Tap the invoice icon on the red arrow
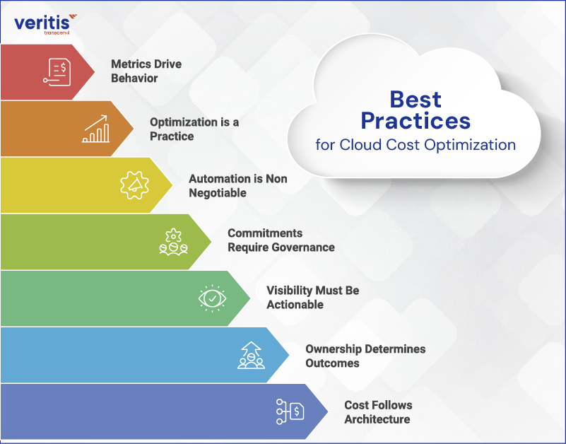(57, 71)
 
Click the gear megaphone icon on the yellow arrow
(134, 185)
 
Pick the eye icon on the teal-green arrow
(212, 298)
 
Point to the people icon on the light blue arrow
(251, 355)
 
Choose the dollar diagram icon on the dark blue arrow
(290, 411)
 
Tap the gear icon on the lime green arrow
(173, 242)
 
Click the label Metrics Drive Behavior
(146, 71)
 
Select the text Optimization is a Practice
(194, 129)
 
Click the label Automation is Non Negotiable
(238, 185)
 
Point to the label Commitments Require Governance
(281, 240)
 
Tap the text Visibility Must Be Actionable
(312, 298)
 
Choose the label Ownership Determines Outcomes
(365, 356)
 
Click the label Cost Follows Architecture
(378, 412)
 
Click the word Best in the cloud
(415, 99)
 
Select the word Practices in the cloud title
(415, 121)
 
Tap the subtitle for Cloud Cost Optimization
(415, 146)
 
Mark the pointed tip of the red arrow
(94, 71)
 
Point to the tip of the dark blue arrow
(327, 411)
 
